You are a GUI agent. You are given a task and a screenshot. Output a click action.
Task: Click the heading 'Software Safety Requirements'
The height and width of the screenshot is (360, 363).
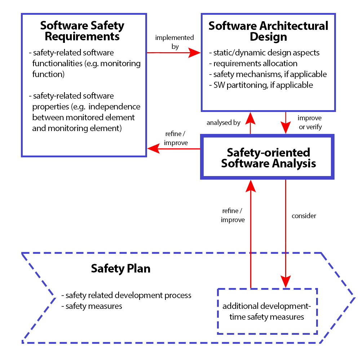tap(82, 31)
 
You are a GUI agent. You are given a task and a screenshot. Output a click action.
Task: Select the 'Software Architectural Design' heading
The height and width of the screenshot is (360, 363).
tap(268, 31)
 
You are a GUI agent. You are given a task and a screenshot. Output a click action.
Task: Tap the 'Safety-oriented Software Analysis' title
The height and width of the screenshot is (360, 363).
tap(268, 158)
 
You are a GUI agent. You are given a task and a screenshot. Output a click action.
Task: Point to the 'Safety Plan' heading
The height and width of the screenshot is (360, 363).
tap(121, 269)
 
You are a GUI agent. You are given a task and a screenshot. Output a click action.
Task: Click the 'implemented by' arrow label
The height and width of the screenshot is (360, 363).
tap(174, 42)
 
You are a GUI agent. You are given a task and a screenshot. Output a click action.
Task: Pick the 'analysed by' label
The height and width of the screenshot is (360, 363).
tap(223, 122)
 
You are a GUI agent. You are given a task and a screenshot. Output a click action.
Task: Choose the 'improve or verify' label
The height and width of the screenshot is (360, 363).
tap(310, 122)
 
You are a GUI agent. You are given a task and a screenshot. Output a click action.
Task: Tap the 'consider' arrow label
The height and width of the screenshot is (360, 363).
tap(304, 216)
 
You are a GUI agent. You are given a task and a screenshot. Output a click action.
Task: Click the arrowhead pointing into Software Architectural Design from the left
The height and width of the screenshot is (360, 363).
tap(194, 53)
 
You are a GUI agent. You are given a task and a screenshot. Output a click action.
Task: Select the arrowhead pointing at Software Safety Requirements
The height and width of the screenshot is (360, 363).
tap(153, 148)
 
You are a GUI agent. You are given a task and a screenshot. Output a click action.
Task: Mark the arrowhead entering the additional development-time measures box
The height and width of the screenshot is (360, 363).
tap(285, 282)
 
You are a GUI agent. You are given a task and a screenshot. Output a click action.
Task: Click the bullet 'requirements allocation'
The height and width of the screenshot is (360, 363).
tap(253, 63)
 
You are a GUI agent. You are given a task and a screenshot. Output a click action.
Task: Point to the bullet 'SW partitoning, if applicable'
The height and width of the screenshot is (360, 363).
tap(261, 85)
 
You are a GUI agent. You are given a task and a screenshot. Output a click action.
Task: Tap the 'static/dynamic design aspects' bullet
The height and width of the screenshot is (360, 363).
tap(264, 53)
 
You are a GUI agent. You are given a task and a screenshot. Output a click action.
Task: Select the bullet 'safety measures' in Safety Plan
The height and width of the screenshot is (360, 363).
tap(92, 306)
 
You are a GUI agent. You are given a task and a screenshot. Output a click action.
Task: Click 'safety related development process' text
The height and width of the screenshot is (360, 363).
tap(127, 296)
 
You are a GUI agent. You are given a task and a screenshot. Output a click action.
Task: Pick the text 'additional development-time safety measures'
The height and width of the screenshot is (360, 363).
tap(267, 311)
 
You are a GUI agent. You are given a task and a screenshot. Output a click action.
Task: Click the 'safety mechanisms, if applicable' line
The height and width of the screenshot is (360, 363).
tap(268, 74)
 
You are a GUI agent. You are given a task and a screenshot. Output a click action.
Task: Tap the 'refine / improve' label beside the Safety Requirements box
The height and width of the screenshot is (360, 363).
tap(176, 138)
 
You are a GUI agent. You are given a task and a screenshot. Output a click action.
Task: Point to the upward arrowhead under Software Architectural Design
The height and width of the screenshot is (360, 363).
tap(250, 118)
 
